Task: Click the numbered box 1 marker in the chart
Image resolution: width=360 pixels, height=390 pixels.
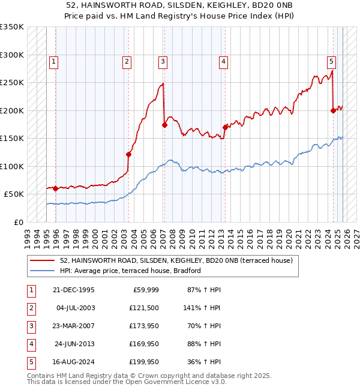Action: (54, 61)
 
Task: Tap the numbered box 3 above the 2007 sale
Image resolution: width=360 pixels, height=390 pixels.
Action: (163, 61)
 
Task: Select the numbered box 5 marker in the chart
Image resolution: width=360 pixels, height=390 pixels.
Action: (332, 61)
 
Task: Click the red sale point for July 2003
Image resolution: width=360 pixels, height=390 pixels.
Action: (128, 154)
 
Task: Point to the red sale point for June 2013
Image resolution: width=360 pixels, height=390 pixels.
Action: (225, 127)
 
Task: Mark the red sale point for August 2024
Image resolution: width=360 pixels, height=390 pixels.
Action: (333, 110)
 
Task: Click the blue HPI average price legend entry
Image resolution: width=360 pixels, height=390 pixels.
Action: (130, 271)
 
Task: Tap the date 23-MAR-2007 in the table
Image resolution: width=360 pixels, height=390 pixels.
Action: (74, 326)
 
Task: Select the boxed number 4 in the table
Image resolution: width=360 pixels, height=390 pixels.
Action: (31, 344)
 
